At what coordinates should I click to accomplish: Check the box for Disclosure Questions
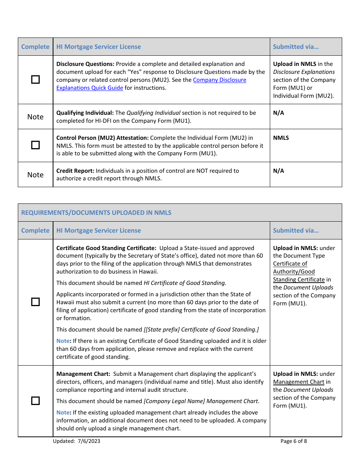(x=35, y=80)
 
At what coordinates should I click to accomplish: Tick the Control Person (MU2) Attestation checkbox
(x=35, y=145)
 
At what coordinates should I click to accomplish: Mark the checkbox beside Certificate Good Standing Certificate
(x=35, y=302)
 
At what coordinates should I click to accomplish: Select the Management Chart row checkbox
(x=35, y=401)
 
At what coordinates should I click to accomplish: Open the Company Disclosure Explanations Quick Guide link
(x=219, y=80)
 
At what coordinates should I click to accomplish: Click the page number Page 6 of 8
(x=294, y=441)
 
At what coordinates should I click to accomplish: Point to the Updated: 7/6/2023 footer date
(x=77, y=441)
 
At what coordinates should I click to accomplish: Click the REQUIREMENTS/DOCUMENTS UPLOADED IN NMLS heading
(x=96, y=213)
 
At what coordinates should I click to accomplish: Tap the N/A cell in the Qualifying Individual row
(x=279, y=113)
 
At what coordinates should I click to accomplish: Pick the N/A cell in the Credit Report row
(x=279, y=171)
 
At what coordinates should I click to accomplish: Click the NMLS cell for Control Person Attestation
(x=281, y=138)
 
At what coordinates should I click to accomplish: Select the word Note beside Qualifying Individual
(x=35, y=117)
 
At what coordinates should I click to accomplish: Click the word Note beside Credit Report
(x=35, y=175)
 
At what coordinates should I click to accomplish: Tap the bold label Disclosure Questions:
(x=85, y=64)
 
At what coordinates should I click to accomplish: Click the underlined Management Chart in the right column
(x=299, y=382)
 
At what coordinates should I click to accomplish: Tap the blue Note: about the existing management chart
(x=63, y=413)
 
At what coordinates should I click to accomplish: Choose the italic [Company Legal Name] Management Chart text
(x=201, y=401)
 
